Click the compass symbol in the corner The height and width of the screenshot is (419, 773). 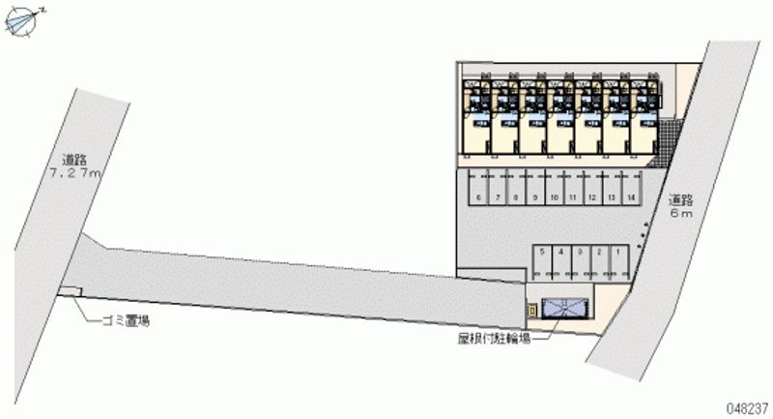(23, 20)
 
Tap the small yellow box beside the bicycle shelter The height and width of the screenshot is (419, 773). (530, 310)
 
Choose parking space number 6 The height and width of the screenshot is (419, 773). (479, 196)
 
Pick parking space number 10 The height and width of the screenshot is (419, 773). (555, 196)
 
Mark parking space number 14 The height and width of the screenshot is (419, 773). (630, 196)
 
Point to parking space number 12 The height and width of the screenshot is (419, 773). (592, 196)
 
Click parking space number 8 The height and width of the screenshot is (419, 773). (517, 196)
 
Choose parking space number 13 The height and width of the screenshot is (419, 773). (612, 196)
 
